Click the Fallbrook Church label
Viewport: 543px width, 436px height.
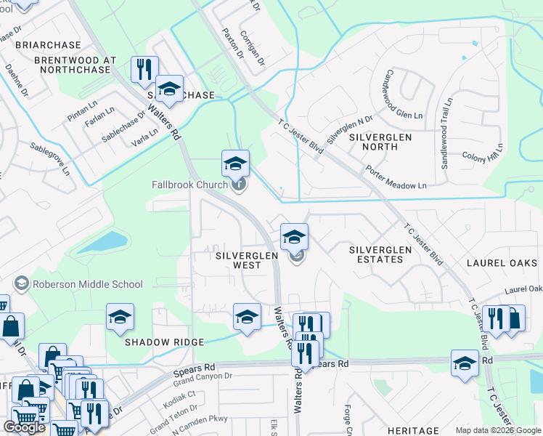tap(189, 185)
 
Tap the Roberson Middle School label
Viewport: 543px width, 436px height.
tap(76, 284)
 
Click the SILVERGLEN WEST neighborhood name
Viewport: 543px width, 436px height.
tap(238, 261)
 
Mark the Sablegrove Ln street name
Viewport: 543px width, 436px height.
tap(49, 157)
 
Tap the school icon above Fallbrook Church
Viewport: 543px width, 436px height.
tap(235, 163)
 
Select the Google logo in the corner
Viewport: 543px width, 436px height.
tap(24, 427)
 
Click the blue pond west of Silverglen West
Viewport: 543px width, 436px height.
tap(103, 242)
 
